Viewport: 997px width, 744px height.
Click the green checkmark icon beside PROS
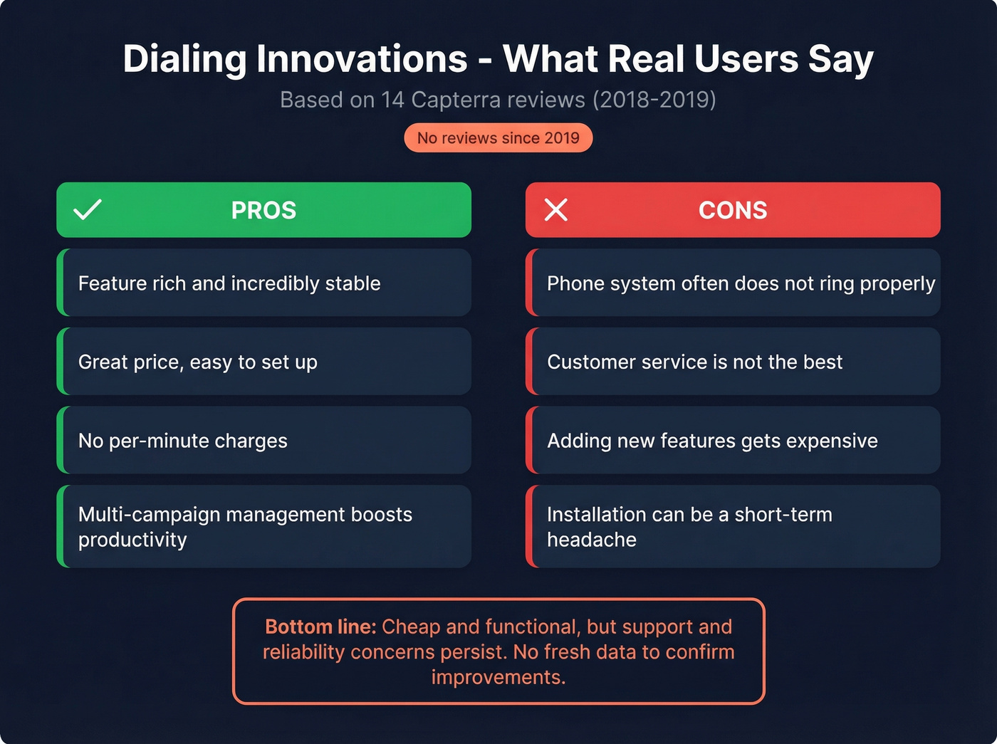[x=88, y=209]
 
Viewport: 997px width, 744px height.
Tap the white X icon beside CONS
[x=555, y=209]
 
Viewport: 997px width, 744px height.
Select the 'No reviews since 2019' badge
[x=498, y=138]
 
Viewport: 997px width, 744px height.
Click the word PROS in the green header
[x=263, y=210]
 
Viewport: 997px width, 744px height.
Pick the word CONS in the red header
[x=733, y=210]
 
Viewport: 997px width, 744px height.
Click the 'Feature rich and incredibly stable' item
[x=229, y=283]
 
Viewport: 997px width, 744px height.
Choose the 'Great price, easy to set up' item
[x=198, y=362]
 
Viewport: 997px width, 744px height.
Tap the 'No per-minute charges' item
[x=183, y=441]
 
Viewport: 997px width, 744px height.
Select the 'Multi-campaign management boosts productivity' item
[x=245, y=527]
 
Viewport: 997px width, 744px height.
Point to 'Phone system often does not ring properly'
[x=741, y=283]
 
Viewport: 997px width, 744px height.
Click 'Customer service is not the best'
[x=694, y=362]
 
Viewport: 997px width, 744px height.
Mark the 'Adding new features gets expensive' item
[x=712, y=441]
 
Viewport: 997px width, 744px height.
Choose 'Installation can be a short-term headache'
[x=689, y=527]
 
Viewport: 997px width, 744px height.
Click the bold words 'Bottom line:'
[x=320, y=627]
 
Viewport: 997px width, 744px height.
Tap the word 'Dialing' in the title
[x=184, y=59]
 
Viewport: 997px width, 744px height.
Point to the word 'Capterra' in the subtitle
[x=456, y=100]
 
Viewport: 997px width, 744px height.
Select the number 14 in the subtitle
[x=392, y=100]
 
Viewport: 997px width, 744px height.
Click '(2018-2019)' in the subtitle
[x=654, y=100]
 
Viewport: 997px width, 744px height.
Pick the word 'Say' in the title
[x=840, y=59]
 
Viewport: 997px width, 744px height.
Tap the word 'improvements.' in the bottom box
[x=498, y=677]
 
